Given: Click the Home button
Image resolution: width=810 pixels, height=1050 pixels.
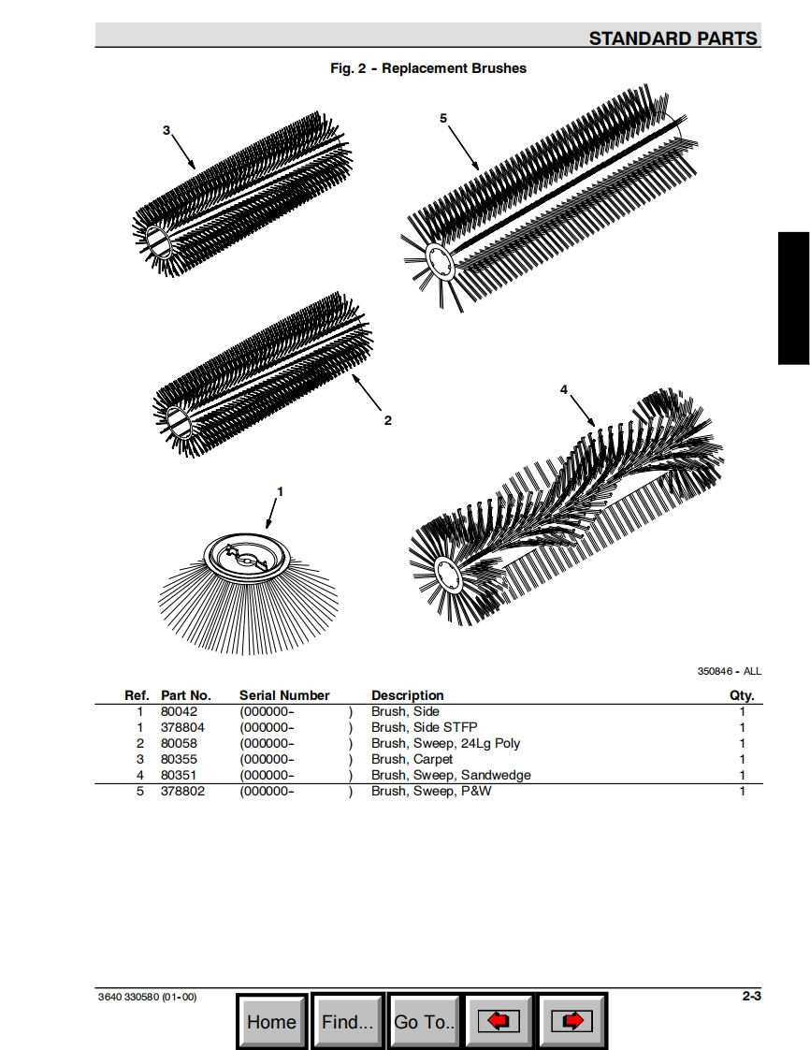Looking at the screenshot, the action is [x=271, y=1021].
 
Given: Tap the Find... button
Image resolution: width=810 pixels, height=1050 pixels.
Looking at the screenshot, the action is [x=347, y=1021].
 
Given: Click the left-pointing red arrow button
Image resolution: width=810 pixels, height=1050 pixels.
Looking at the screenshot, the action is [x=499, y=1021].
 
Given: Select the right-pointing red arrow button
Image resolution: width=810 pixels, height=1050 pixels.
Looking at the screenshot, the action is [x=572, y=1021].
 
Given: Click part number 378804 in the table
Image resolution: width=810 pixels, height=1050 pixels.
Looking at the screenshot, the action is [x=182, y=727].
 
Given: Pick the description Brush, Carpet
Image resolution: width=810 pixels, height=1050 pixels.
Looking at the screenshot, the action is [x=412, y=759].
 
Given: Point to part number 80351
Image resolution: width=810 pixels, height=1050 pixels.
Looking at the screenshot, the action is [x=179, y=775].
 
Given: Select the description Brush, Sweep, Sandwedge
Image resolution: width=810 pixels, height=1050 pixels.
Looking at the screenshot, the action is [x=451, y=775].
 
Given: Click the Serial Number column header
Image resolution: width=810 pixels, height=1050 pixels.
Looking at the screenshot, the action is [x=284, y=695].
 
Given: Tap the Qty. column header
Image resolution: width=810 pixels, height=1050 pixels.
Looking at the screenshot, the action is [x=742, y=695].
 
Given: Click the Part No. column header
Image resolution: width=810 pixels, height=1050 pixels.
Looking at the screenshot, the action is [x=186, y=695].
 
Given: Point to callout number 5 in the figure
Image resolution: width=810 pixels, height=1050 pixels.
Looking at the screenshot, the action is [x=443, y=118].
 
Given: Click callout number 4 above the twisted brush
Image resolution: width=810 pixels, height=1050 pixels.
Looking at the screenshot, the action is [x=564, y=389].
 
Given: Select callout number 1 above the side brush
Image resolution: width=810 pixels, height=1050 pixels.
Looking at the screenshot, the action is [x=280, y=491].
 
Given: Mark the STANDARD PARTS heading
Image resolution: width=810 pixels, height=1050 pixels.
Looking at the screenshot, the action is [x=673, y=38].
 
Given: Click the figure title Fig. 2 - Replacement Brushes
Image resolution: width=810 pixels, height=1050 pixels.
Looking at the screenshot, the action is [x=428, y=68].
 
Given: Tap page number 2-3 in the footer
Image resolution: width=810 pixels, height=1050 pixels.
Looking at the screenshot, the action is [x=752, y=996].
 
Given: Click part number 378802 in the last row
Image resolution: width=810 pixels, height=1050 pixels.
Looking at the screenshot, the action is [x=182, y=791].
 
